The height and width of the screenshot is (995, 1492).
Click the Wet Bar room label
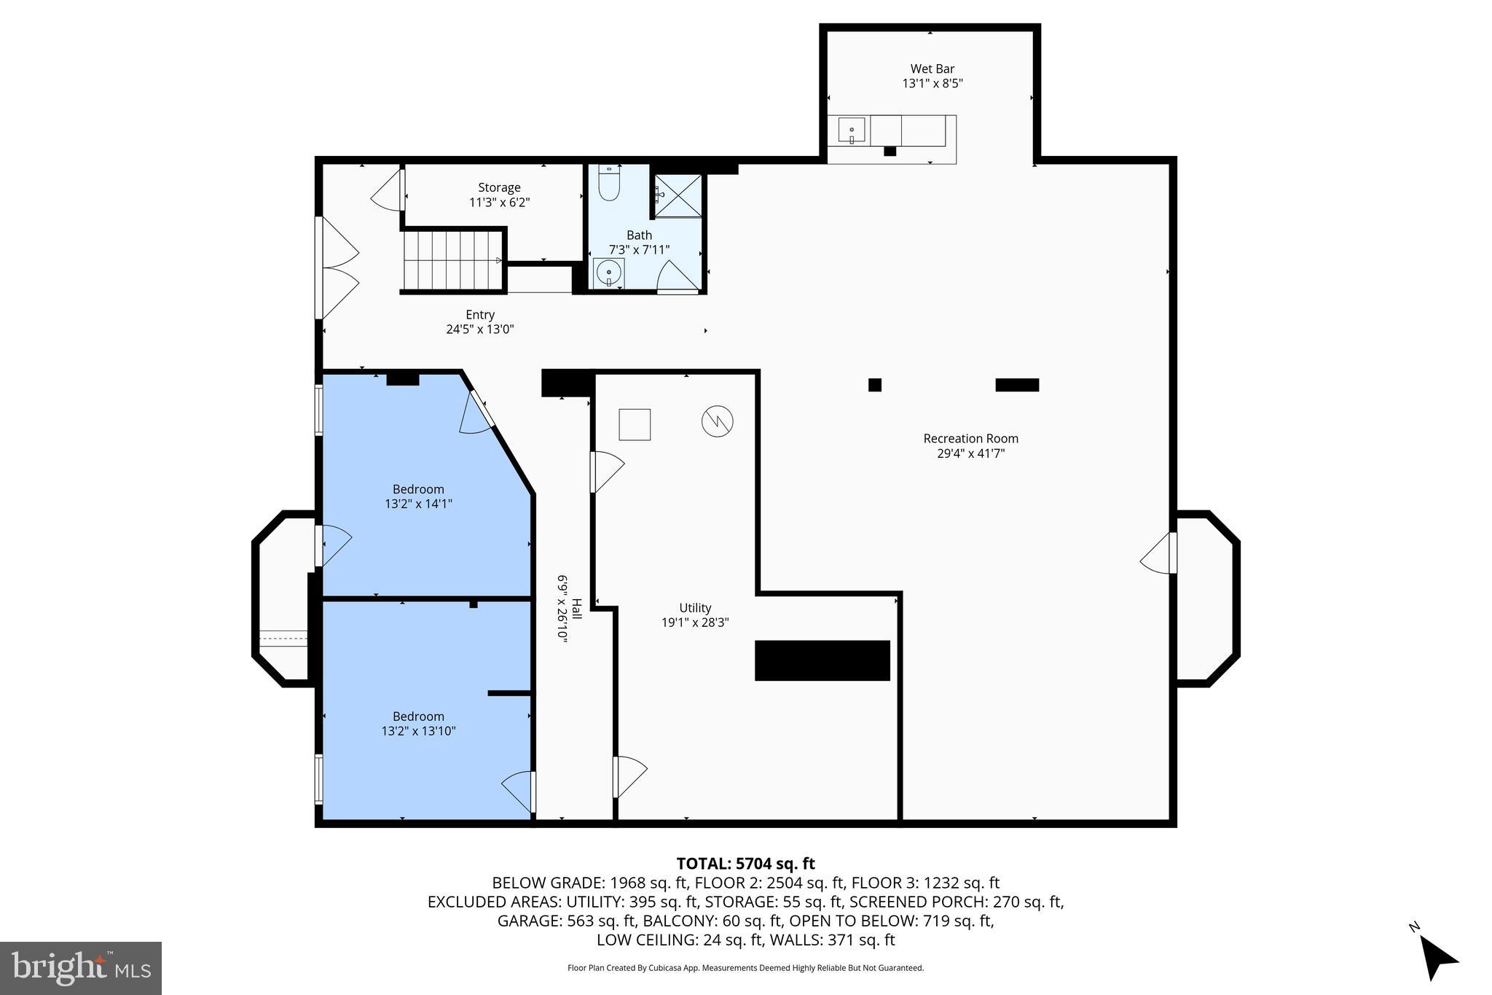click(932, 69)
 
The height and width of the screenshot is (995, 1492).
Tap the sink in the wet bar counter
click(851, 131)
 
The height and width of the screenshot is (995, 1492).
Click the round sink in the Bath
click(608, 273)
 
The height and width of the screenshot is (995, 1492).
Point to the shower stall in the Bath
click(678, 195)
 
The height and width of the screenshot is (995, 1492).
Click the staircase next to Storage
click(453, 260)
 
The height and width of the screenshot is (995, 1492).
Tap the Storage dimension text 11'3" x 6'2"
click(499, 203)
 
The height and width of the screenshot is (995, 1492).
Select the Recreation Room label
click(971, 438)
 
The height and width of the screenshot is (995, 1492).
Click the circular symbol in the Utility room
click(717, 421)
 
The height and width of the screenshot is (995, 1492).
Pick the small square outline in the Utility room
click(635, 424)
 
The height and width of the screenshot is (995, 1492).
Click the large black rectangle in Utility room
click(822, 660)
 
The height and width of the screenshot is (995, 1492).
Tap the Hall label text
click(576, 609)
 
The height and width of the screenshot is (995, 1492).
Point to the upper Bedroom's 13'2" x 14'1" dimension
click(418, 504)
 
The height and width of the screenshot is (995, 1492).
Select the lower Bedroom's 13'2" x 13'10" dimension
click(418, 731)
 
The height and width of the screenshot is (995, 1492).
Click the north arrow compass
click(1435, 955)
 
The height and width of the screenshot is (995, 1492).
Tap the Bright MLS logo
click(81, 968)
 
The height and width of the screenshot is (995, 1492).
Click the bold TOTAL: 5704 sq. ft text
click(746, 864)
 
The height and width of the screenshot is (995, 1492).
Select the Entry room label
click(480, 315)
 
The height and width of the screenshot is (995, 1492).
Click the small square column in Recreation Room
click(875, 385)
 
